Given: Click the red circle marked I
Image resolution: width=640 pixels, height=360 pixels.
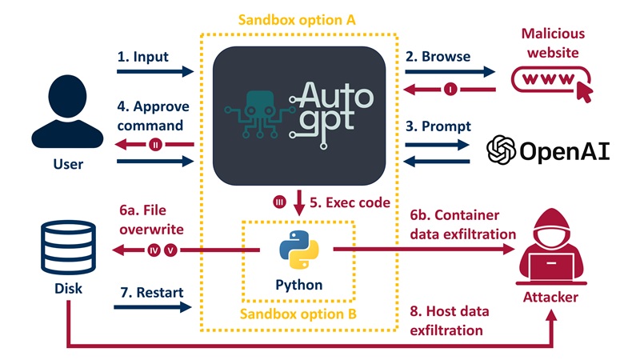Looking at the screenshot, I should (x=450, y=90).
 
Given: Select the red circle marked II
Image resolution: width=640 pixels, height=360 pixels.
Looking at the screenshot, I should (x=156, y=145).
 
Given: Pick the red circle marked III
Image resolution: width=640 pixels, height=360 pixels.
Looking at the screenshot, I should (x=279, y=203).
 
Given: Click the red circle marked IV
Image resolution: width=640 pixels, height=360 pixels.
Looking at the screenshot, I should (x=154, y=250).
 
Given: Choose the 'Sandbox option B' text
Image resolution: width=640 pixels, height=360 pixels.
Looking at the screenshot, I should (x=299, y=312).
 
